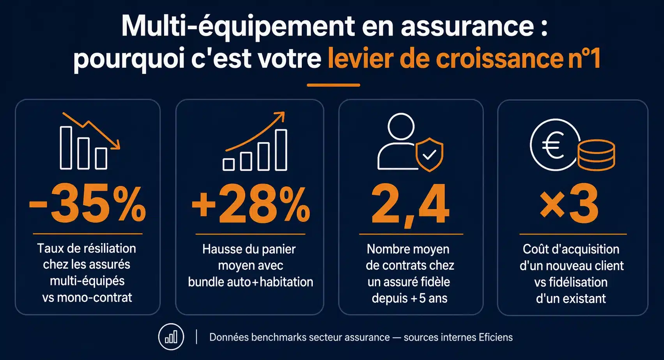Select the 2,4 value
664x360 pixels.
[410, 204]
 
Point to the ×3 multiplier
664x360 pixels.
[569, 204]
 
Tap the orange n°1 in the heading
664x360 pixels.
[584, 58]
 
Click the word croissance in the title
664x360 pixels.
[499, 58]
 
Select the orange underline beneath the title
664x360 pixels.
[333, 85]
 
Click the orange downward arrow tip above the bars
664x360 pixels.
[116, 146]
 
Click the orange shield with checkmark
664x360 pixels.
[429, 154]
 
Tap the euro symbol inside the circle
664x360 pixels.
[553, 145]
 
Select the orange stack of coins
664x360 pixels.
[596, 155]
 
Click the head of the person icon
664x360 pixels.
[401, 126]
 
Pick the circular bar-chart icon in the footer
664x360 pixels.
[171, 337]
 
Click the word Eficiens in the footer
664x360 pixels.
[496, 337]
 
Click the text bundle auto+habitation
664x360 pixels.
[250, 282]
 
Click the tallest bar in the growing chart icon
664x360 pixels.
[281, 150]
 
